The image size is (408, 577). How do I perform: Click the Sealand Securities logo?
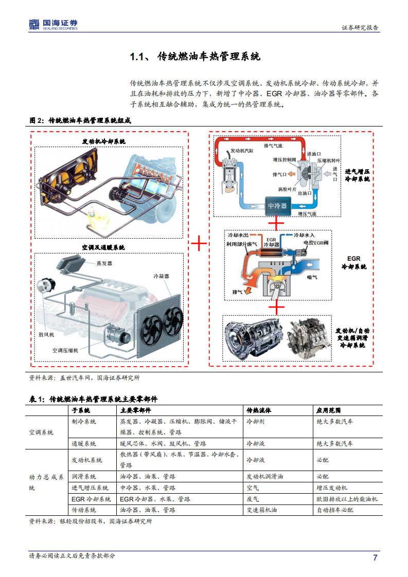53,24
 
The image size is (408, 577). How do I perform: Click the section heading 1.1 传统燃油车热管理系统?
195,57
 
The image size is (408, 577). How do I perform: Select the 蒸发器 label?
104,263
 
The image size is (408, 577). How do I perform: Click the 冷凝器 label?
162,276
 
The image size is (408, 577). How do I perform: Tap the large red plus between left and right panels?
199,244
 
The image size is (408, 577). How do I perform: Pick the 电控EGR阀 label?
316,242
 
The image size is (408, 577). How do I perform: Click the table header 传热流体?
259,410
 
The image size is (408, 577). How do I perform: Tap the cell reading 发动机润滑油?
264,477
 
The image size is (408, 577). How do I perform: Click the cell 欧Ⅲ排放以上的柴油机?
347,499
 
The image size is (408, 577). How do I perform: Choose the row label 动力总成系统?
46,482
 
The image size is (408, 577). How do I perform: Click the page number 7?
375,558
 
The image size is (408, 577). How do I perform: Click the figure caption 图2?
80,120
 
